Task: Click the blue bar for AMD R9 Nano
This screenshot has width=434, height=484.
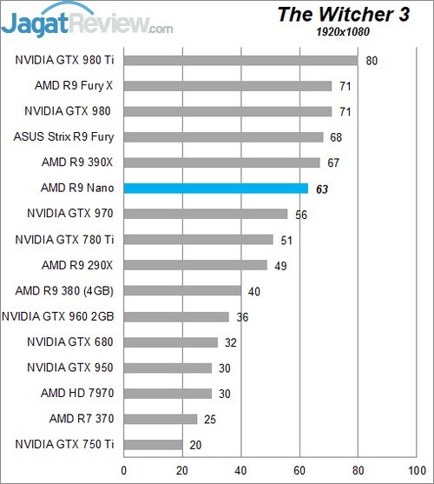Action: click(x=216, y=188)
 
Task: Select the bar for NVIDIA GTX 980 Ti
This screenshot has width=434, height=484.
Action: click(x=240, y=60)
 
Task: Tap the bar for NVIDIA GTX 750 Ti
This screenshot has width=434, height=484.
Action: click(x=154, y=444)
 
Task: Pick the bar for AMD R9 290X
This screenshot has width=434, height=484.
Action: click(x=196, y=265)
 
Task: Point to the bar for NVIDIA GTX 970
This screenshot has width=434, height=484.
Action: click(x=206, y=214)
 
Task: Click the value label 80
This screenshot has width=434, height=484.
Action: click(x=372, y=60)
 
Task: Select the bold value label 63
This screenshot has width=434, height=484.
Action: click(x=322, y=188)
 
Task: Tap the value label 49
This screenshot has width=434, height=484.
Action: click(x=280, y=265)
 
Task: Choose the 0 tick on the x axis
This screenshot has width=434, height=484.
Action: click(x=124, y=470)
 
